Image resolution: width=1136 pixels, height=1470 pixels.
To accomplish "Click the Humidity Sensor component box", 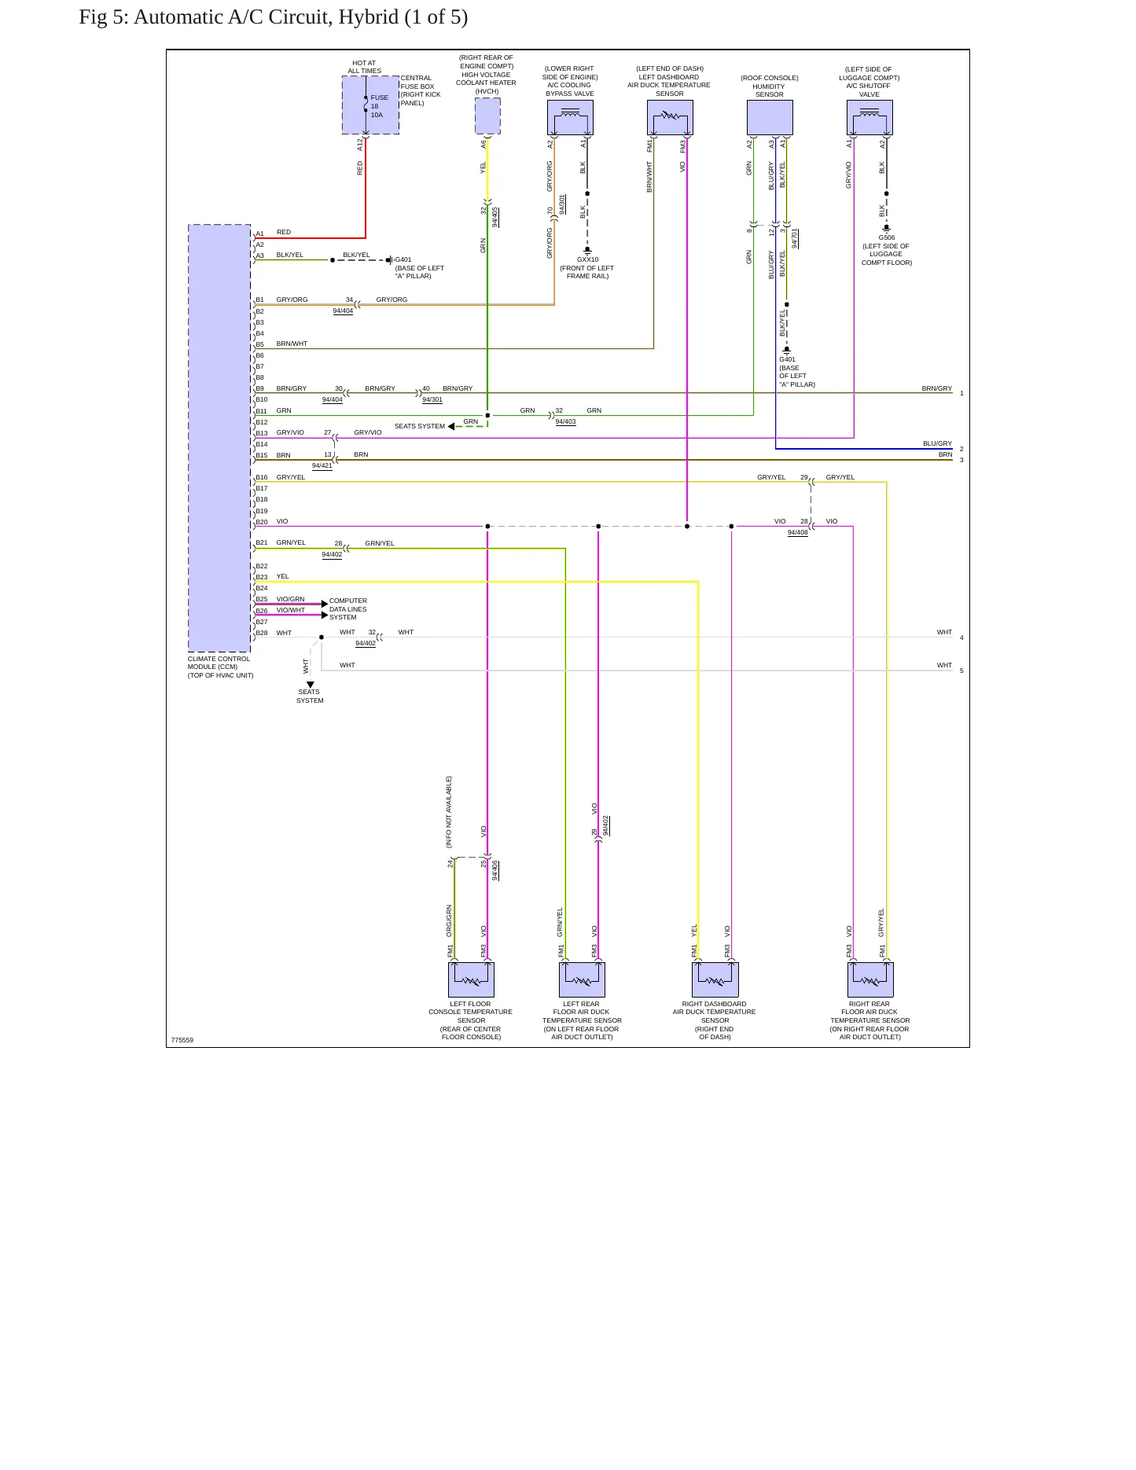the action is pos(770,118).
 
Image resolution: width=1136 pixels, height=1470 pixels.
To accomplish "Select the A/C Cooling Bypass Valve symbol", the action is pos(570,118).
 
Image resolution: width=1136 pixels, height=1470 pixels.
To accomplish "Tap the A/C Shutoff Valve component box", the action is pos(869,118).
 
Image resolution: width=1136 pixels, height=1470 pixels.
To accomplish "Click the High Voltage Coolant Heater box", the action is pos(487,116).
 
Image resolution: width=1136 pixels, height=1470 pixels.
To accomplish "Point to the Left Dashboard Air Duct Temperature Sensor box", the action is pos(670,118).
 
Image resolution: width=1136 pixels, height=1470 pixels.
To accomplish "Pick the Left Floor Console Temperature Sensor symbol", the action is pos(471,979).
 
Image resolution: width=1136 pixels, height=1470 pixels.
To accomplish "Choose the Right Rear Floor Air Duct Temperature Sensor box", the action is pos(870,979).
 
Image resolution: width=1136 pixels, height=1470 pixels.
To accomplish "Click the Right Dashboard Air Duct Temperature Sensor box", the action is pos(715,979).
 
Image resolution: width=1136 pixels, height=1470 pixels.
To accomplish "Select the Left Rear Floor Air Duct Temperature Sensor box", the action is pos(582,979).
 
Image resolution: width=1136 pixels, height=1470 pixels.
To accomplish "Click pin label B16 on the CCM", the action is pos(261,477).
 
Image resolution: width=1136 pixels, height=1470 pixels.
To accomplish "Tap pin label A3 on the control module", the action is pos(259,255).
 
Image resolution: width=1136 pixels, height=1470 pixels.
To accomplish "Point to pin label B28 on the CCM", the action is pos(261,633).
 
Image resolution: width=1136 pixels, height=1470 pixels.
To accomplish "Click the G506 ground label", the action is pos(887,237).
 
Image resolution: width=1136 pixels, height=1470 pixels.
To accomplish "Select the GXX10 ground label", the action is pos(587,259).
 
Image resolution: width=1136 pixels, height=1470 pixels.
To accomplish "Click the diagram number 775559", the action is pos(182,1040).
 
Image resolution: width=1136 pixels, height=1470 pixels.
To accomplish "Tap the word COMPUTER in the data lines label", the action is pos(348,601).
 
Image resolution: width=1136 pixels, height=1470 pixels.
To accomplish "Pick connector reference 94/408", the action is pos(798,532).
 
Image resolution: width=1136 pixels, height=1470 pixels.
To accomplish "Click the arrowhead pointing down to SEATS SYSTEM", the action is pos(311,685).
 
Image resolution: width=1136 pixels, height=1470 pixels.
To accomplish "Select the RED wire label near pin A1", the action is pos(284,232).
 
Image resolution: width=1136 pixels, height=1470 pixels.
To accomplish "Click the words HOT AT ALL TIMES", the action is pos(364,67).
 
